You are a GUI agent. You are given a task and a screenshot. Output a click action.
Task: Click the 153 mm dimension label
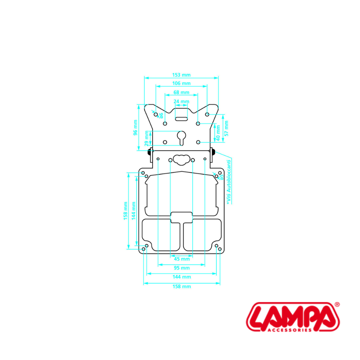click(x=181, y=75)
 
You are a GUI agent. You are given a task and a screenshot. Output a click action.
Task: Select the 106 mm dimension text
click(x=181, y=84)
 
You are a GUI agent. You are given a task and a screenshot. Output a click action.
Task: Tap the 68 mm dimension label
click(x=181, y=92)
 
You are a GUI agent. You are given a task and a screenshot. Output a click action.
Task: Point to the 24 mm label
click(x=181, y=102)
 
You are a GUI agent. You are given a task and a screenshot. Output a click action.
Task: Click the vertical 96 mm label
click(x=135, y=127)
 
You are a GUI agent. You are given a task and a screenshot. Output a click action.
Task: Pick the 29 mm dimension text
click(x=147, y=139)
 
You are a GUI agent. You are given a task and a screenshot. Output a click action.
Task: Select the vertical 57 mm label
click(x=226, y=129)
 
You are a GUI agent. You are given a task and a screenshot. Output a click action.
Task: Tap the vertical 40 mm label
click(x=218, y=133)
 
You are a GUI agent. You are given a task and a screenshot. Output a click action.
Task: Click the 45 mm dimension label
click(x=182, y=259)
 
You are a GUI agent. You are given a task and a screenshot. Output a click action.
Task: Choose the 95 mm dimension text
click(x=182, y=268)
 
